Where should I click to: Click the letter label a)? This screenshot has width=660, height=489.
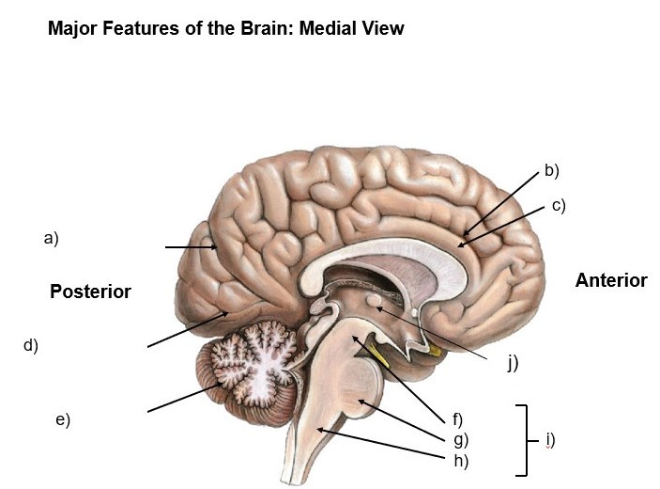point(51,239)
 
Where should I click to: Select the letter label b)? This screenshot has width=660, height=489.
point(551,171)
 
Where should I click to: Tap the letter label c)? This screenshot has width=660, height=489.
point(559,205)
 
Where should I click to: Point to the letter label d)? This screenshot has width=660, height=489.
point(31,345)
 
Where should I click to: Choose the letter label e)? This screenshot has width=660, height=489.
point(63,419)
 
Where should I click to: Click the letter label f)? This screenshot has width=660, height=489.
point(458,418)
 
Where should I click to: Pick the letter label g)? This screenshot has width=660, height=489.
point(460,439)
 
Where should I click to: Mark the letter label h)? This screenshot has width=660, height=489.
point(460,461)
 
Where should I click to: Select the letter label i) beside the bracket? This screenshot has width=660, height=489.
point(550,439)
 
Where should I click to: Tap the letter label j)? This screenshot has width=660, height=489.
point(512,362)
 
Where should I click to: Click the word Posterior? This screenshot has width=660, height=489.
point(90,292)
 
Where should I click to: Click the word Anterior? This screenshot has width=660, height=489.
point(611,280)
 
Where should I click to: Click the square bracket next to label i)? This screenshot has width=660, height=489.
point(523,439)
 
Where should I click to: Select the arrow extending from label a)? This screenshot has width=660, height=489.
point(191,247)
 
